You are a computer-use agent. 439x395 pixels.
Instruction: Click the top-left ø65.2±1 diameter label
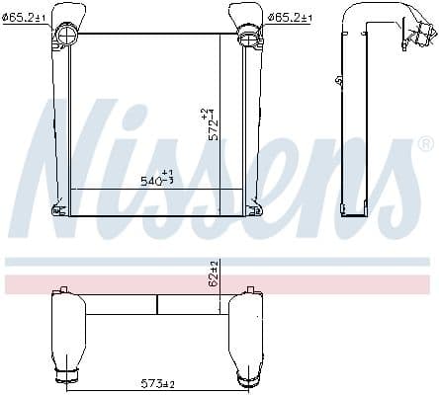tap(24, 18)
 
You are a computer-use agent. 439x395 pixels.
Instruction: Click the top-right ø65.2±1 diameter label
tap(290, 18)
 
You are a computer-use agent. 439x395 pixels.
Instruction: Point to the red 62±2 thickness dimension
tap(215, 274)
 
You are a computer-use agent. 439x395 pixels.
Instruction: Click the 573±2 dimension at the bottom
tap(157, 384)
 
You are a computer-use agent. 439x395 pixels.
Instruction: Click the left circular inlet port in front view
tap(67, 34)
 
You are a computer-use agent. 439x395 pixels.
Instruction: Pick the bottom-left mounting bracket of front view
tap(59, 209)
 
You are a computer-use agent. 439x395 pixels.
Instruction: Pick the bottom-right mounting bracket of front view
tap(254, 209)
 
